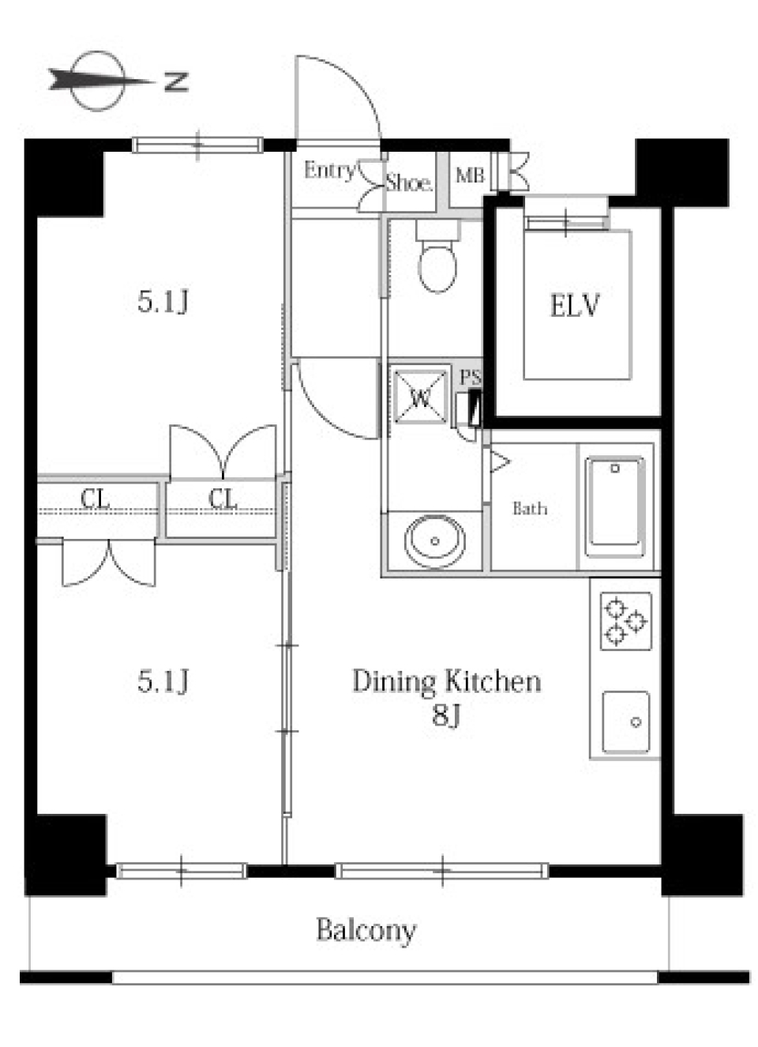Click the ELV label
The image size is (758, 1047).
574,306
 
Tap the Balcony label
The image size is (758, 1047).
366,931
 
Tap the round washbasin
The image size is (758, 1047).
435,540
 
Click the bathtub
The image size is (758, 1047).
615,507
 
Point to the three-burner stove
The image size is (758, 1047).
626,621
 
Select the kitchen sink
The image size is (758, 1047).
626,722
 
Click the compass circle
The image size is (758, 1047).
98,81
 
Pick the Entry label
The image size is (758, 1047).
330,171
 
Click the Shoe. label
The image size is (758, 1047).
409,183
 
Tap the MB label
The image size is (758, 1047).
470,176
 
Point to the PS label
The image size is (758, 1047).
471,378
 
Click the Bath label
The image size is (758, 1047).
530,508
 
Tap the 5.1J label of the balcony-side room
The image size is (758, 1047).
163,681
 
